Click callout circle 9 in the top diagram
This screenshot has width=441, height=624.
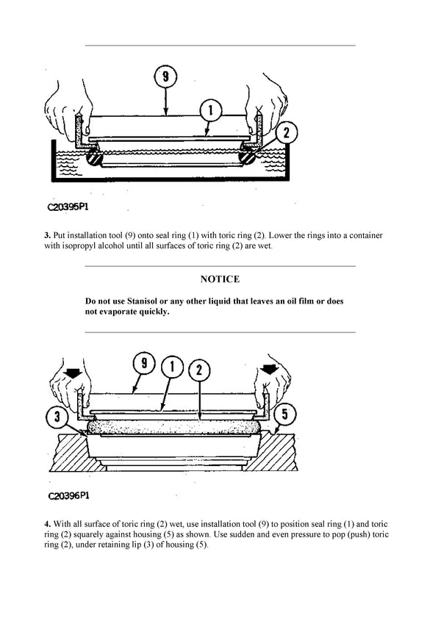tap(167, 75)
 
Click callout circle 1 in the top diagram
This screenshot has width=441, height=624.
tap(209, 110)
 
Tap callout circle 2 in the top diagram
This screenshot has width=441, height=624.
tap(287, 132)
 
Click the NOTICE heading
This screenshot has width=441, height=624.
tap(220, 279)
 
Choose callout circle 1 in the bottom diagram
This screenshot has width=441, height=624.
tap(171, 365)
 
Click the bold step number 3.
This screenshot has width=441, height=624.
tap(47, 235)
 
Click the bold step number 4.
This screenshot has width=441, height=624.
tap(47, 524)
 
